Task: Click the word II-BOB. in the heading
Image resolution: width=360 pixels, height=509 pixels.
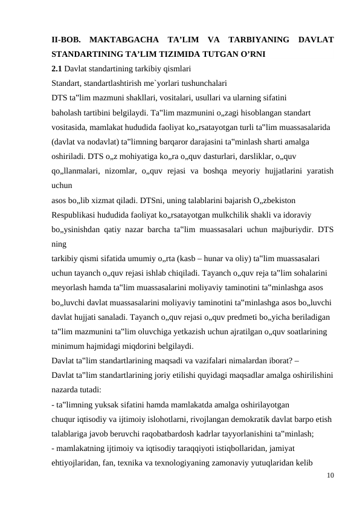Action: click(65, 41)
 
